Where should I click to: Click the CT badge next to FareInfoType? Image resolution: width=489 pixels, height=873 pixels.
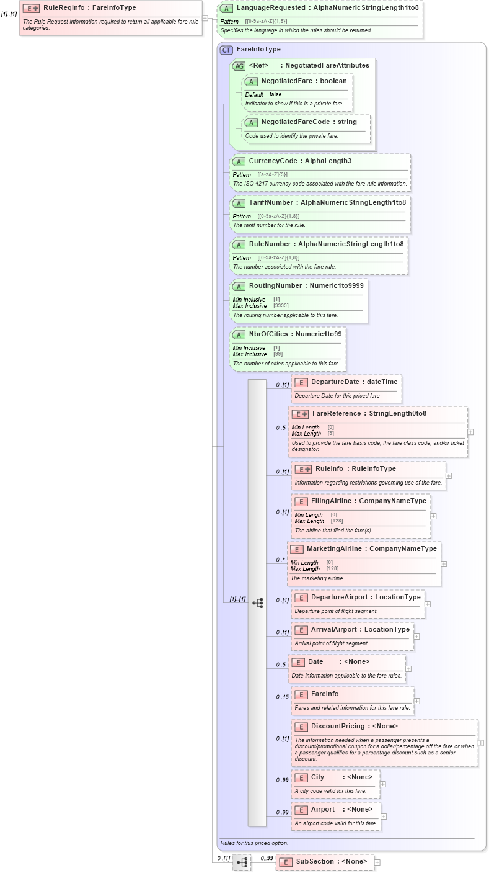[226, 50]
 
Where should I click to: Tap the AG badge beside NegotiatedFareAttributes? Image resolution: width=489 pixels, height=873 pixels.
[238, 66]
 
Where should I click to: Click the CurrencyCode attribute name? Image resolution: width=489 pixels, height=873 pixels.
[273, 161]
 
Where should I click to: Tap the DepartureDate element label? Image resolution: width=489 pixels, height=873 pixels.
[334, 382]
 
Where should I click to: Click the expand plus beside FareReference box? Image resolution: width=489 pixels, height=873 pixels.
[470, 432]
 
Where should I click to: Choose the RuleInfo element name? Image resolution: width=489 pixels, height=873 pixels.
[329, 469]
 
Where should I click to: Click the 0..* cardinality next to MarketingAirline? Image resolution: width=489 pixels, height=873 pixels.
[281, 560]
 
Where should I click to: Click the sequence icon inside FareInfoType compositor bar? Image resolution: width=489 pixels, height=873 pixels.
[258, 602]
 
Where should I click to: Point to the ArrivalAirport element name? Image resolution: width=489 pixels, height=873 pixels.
[335, 630]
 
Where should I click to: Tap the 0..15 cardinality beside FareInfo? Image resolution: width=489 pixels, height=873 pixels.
[282, 697]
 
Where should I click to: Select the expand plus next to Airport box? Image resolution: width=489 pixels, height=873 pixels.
[384, 817]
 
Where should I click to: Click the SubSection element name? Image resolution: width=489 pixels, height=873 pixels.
[316, 862]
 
